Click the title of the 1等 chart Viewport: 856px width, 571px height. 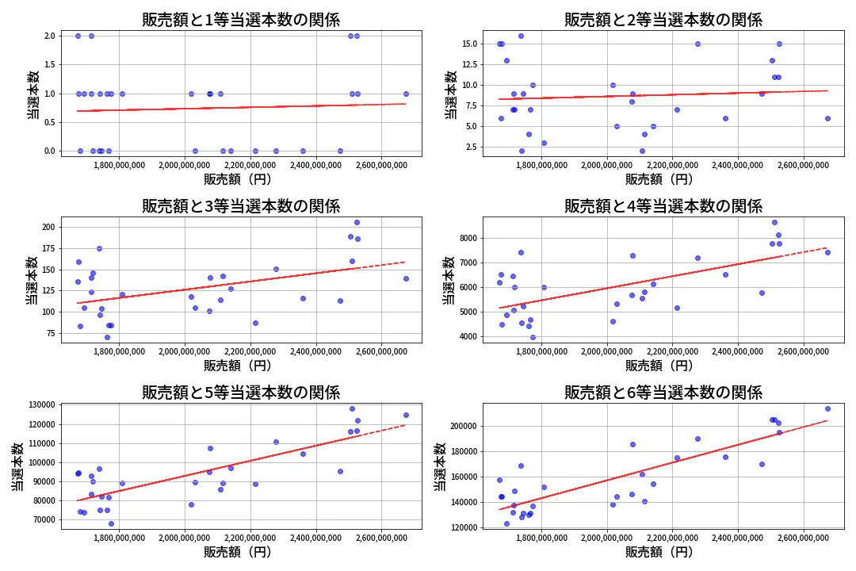241,20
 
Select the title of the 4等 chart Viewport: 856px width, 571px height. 663,206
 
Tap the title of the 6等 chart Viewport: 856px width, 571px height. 663,392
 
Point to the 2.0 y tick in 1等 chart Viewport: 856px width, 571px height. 49,36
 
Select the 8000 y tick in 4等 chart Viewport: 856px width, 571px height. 468,238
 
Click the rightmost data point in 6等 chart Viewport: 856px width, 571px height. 827,409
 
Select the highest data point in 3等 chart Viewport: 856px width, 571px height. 357,222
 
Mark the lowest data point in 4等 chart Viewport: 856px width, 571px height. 533,337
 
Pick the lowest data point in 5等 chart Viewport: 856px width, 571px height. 111,523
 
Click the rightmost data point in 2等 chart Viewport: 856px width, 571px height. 827,118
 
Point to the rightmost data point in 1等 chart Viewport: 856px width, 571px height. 406,94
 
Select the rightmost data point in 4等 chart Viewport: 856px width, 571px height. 827,252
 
